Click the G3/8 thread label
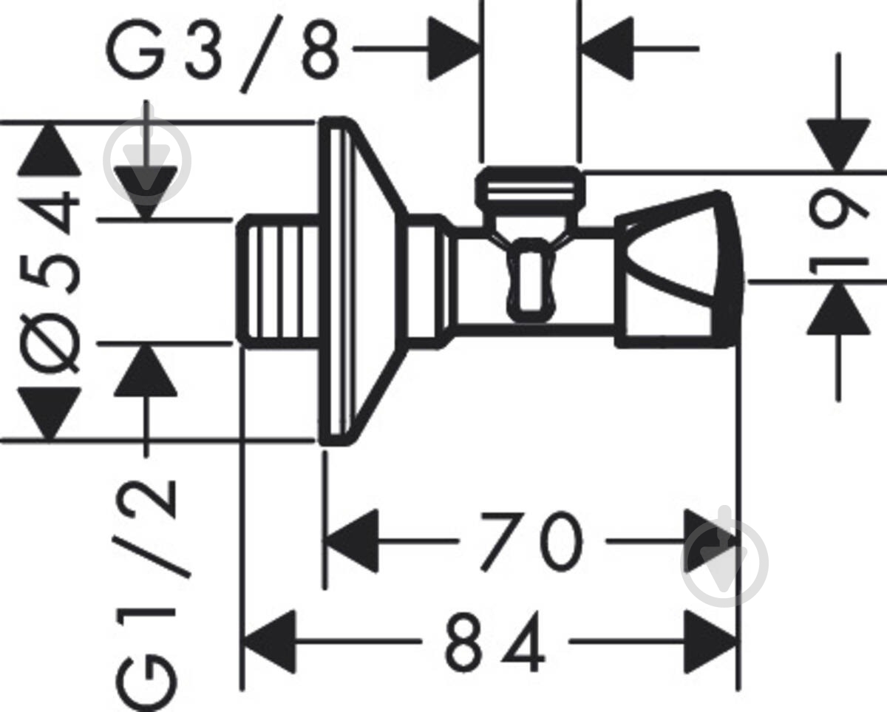(x=222, y=53)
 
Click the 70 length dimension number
(x=532, y=540)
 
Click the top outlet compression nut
(x=530, y=188)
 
